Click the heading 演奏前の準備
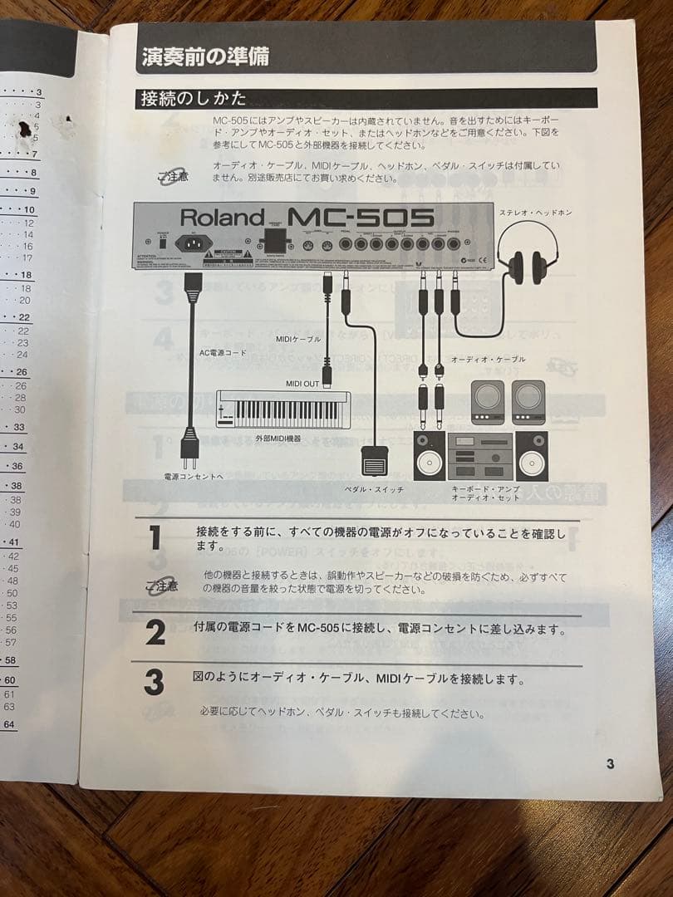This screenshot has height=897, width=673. (204, 57)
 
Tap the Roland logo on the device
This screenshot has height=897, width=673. (222, 218)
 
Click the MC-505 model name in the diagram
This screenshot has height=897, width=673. (361, 218)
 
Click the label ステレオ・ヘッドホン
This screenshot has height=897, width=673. (535, 213)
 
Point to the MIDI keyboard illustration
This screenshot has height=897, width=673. (283, 409)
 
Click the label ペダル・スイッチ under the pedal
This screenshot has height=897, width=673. (374, 490)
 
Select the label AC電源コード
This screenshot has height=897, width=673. (223, 352)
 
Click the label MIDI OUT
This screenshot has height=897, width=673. (302, 383)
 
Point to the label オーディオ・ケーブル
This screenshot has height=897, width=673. (488, 359)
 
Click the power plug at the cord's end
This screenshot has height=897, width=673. (189, 449)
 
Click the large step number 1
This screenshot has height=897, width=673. (155, 538)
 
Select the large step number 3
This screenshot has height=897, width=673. (155, 683)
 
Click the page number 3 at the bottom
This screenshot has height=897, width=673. (610, 764)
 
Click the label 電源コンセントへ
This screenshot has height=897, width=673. (194, 478)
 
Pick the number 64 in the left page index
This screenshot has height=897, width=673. (9, 724)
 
